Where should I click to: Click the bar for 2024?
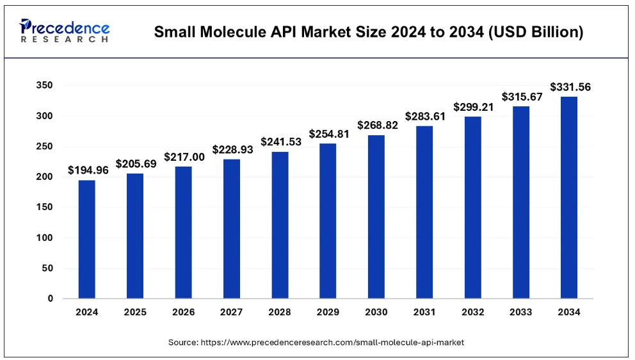[86, 239]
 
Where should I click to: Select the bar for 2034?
[568, 197]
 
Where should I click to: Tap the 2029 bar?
[328, 221]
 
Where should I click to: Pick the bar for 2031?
[424, 212]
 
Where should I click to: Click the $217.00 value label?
[183, 156]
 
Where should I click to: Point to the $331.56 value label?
[568, 86]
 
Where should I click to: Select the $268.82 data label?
[376, 125]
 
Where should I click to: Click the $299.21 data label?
[472, 106]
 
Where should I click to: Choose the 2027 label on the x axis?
[231, 313]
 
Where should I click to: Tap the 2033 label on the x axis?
[520, 313]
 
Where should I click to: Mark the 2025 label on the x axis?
[135, 313]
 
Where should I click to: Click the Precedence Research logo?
[65, 31]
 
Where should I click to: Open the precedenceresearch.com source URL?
[332, 343]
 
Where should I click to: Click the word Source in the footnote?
[182, 343]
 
